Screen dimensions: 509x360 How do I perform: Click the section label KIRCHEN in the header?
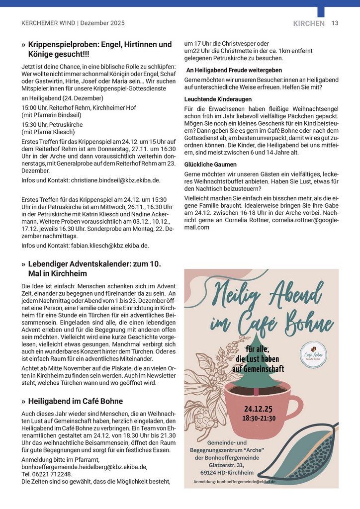(x=309, y=23)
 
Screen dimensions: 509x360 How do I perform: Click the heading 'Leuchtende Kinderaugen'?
(x=218, y=99)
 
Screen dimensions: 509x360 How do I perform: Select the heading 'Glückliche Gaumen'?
(x=210, y=165)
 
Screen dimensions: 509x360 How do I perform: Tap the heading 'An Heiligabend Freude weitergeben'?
(x=234, y=71)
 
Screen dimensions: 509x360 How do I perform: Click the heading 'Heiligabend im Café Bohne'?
(x=76, y=401)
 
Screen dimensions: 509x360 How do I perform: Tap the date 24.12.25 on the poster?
(x=258, y=409)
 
